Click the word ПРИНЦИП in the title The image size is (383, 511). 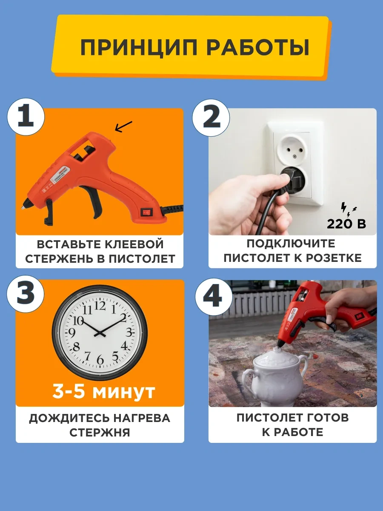point(139,48)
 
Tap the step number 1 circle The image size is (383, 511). point(26,117)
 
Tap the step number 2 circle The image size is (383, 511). point(212,117)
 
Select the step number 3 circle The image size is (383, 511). point(26,297)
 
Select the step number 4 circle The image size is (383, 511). point(212,297)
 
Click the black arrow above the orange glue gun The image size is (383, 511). point(124,126)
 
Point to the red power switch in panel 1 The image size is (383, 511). point(146,211)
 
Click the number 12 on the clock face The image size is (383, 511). point(100,305)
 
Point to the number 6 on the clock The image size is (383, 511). point(100,360)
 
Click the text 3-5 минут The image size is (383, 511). point(103,392)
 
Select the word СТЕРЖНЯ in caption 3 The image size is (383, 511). point(100,432)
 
